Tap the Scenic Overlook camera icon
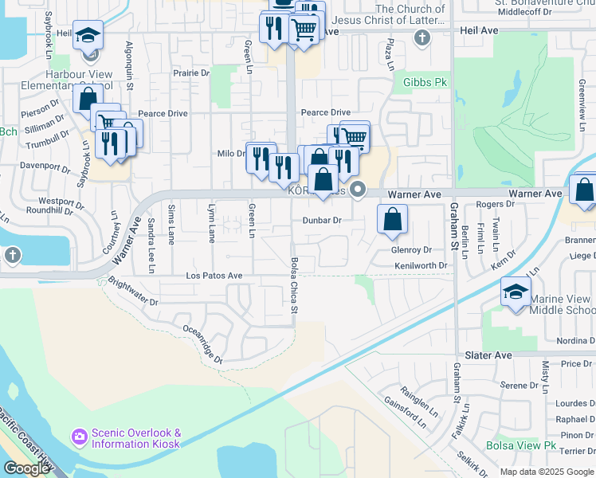[x=79, y=437]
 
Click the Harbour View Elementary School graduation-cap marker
[x=88, y=34]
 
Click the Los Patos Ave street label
[x=214, y=276]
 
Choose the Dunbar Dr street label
[x=321, y=221]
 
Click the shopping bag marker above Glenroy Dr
[x=392, y=221]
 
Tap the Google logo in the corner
[x=25, y=468]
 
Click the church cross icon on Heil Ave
[x=422, y=36]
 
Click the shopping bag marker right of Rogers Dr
[x=584, y=191]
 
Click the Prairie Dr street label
[x=190, y=73]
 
